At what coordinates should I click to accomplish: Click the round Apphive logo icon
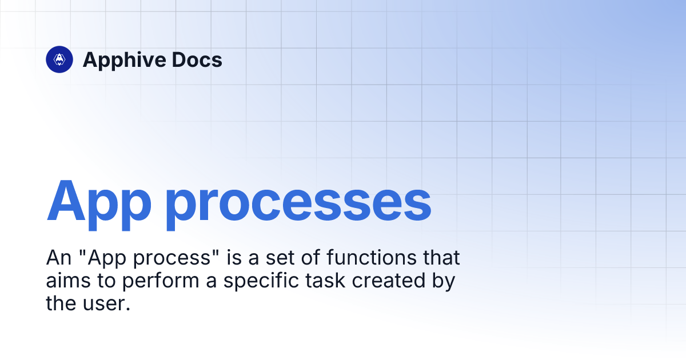click(59, 59)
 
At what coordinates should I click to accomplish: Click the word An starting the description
click(57, 258)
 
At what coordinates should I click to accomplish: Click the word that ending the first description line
click(441, 258)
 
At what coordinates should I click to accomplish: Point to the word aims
click(66, 281)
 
